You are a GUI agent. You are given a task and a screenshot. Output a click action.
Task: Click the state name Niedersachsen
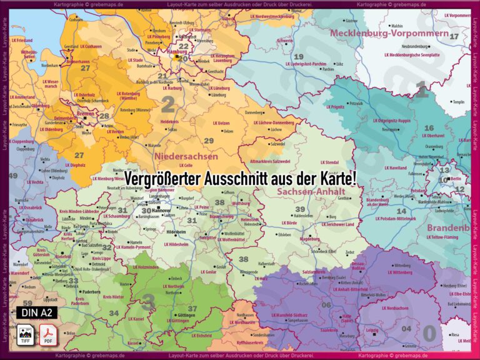pyautogui.click(x=186, y=156)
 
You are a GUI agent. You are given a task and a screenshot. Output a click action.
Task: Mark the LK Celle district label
pyautogui.click(x=183, y=165)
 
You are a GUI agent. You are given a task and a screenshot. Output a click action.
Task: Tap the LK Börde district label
pyautogui.click(x=289, y=222)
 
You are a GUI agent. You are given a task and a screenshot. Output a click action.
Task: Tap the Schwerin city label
pyautogui.click(x=285, y=41)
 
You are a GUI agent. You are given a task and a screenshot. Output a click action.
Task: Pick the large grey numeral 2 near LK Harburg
pyautogui.click(x=167, y=104)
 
